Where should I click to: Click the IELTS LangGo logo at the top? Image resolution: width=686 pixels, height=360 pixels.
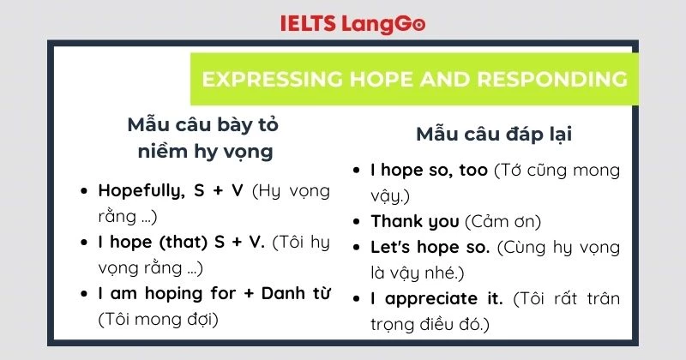(352, 23)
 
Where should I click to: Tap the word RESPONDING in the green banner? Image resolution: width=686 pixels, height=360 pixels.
(546, 80)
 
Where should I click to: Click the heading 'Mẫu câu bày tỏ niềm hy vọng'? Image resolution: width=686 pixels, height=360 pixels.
(202, 138)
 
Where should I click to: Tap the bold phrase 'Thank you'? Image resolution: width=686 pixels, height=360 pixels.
(414, 221)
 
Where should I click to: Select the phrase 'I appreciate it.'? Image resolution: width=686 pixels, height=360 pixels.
(436, 299)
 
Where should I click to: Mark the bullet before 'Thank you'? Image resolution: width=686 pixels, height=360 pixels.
(357, 222)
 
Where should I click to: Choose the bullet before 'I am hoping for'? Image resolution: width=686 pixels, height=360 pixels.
(83, 294)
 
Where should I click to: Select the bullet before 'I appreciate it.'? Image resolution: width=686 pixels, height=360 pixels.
(357, 300)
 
